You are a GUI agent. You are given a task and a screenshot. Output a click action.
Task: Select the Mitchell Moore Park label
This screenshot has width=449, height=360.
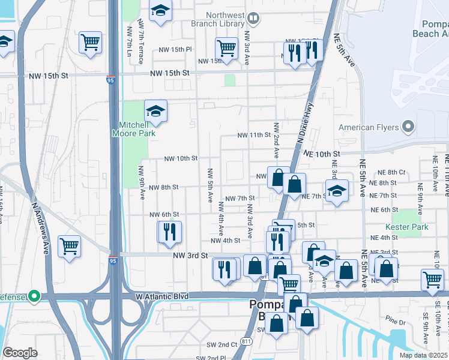133,129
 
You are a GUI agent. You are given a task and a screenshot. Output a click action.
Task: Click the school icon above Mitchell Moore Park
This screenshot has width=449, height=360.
155,111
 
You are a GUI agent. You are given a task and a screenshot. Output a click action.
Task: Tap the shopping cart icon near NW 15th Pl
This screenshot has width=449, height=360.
226,47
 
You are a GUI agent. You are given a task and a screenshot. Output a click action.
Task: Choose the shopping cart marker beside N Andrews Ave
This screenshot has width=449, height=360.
69,246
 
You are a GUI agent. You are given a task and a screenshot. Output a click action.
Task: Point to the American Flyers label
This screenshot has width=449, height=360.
369,127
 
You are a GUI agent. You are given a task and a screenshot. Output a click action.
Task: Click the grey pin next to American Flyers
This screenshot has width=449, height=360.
408,127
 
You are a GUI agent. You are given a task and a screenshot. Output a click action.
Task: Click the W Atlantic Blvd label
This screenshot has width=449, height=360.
162,296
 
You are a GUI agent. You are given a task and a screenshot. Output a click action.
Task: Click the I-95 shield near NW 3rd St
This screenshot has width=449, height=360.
113,260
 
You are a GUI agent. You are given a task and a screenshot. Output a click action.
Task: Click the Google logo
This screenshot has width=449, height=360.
20,353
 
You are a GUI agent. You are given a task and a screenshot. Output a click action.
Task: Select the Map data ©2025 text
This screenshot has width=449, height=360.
423,355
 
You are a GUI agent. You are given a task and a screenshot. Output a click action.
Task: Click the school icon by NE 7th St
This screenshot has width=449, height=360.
337,191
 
